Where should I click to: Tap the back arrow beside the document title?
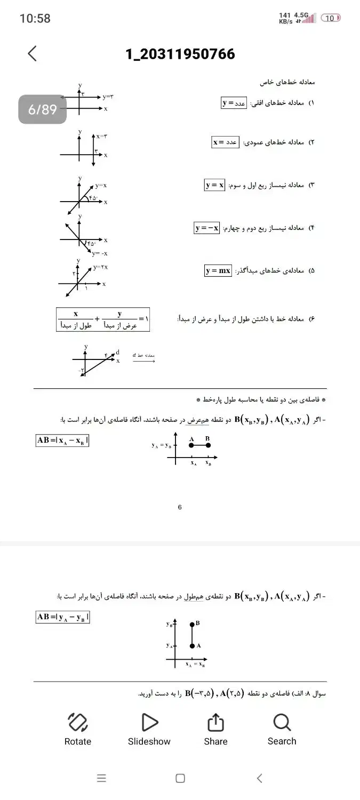(33, 53)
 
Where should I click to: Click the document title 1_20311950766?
(180, 54)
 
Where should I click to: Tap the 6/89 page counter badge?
(43, 109)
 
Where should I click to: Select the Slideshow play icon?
(149, 722)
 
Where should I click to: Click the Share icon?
(215, 723)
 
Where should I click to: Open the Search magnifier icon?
(282, 723)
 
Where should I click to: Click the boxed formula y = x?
(214, 185)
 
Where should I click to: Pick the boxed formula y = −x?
(207, 228)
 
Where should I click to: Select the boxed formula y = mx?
(218, 270)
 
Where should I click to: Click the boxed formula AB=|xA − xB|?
(62, 441)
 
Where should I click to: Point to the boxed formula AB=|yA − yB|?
(62, 617)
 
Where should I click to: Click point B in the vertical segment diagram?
(192, 623)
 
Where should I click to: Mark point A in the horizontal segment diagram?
(191, 445)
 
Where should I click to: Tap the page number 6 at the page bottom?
(180, 507)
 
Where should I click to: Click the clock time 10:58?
(35, 18)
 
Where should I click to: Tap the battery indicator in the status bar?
(331, 18)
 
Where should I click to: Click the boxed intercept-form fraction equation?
(102, 319)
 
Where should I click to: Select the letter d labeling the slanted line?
(118, 353)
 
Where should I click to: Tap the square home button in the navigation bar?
(180, 778)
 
